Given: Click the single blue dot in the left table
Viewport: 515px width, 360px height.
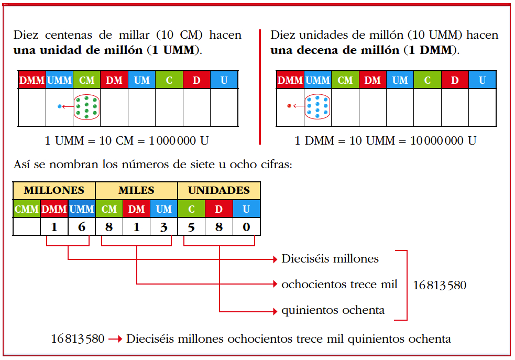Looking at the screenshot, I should (60, 106).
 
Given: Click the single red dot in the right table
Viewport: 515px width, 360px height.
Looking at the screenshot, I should (289, 106).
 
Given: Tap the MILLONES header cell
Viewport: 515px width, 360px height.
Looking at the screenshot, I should (54, 190).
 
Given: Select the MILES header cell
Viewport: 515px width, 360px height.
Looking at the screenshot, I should (136, 190).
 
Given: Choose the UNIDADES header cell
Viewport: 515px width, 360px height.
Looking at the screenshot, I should (219, 190).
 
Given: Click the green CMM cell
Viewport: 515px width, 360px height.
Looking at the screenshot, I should (27, 209).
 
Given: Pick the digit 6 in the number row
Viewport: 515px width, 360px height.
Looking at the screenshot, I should (82, 227).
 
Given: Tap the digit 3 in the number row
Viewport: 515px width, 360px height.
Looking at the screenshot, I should (164, 227).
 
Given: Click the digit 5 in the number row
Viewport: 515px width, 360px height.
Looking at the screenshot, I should (192, 227).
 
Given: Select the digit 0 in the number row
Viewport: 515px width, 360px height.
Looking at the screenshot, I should (246, 227).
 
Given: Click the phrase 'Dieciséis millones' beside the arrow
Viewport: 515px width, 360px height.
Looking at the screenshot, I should (330, 259).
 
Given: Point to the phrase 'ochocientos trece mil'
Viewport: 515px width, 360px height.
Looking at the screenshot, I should (339, 285).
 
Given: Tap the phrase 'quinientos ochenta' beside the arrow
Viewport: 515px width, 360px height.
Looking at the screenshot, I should (333, 310).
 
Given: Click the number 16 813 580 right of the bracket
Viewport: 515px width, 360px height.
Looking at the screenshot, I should (440, 286).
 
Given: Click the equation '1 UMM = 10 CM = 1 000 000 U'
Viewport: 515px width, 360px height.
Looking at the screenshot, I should (127, 141).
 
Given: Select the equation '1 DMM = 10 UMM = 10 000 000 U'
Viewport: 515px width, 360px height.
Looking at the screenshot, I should (386, 141).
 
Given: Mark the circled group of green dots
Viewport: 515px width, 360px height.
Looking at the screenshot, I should (86, 107).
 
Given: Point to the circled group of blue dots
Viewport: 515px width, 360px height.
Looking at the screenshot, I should (317, 106).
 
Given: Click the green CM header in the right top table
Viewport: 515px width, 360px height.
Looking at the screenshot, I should (345, 80).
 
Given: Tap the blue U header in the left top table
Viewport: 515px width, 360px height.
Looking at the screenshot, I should (224, 80).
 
